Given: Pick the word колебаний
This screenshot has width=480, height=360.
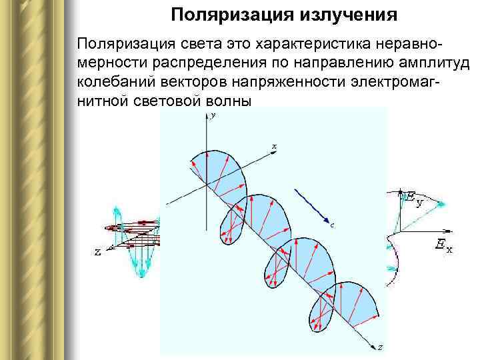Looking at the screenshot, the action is [115, 83].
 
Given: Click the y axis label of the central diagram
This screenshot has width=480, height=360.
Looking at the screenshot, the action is [212, 116].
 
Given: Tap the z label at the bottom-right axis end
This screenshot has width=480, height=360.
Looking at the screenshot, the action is [379, 347].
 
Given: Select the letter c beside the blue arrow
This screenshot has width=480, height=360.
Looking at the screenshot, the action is [332, 225].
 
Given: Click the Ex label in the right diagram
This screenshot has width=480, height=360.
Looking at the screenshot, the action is [443, 247].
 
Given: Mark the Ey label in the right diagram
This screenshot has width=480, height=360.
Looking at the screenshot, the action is [415, 198].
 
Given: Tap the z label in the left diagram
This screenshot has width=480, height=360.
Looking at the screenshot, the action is [97, 253].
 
